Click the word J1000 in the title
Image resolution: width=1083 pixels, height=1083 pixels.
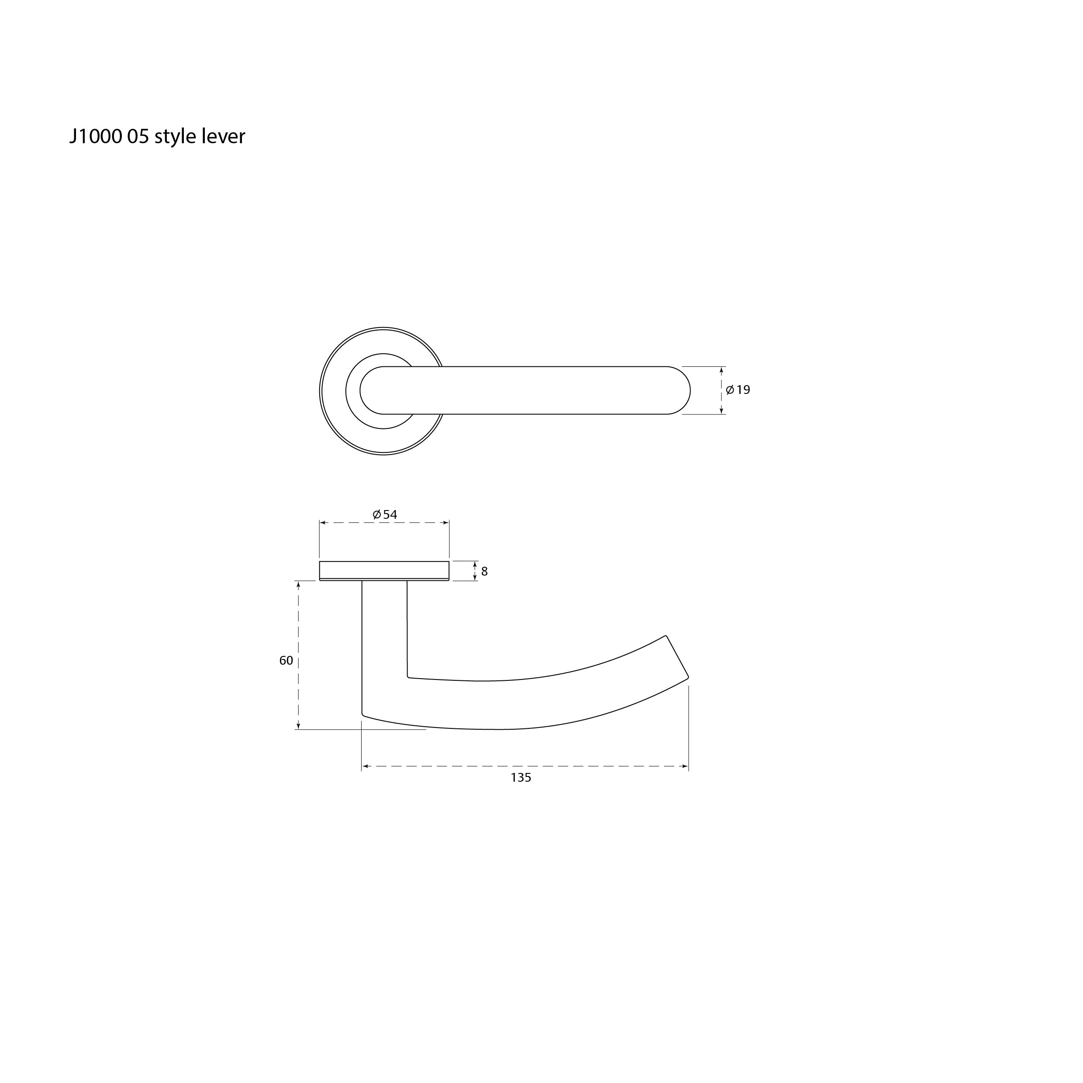pos(95,137)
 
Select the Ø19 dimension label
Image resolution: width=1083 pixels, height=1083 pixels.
pos(738,390)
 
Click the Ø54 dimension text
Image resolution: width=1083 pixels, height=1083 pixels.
pos(385,514)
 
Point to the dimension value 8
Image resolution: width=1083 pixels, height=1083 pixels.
pos(484,571)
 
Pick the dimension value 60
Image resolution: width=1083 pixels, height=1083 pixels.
pos(286,660)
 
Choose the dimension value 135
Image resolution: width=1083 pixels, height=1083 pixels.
pos(521,777)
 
